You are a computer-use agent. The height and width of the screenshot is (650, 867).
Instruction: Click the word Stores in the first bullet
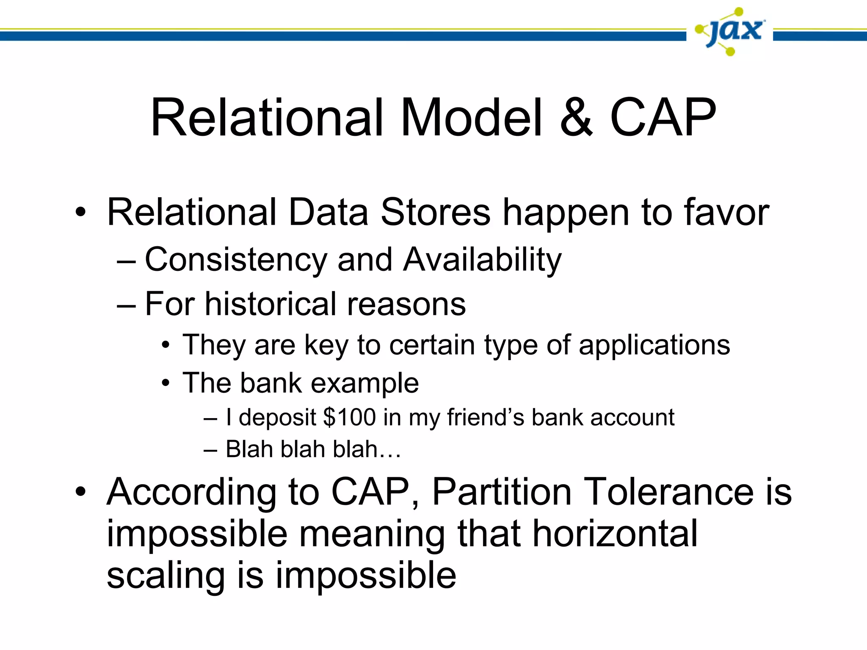point(435,212)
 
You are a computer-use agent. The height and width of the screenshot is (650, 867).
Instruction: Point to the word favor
point(726,212)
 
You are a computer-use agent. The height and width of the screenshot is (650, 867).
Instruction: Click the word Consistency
point(236,260)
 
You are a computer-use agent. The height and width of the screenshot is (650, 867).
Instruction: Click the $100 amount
point(349,418)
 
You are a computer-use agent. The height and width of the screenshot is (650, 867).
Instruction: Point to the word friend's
point(486,418)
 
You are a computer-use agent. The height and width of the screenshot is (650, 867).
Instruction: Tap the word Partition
point(502,492)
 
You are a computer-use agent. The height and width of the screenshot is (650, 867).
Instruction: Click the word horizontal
point(614,534)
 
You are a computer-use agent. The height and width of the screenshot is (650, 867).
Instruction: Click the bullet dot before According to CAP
point(80,492)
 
